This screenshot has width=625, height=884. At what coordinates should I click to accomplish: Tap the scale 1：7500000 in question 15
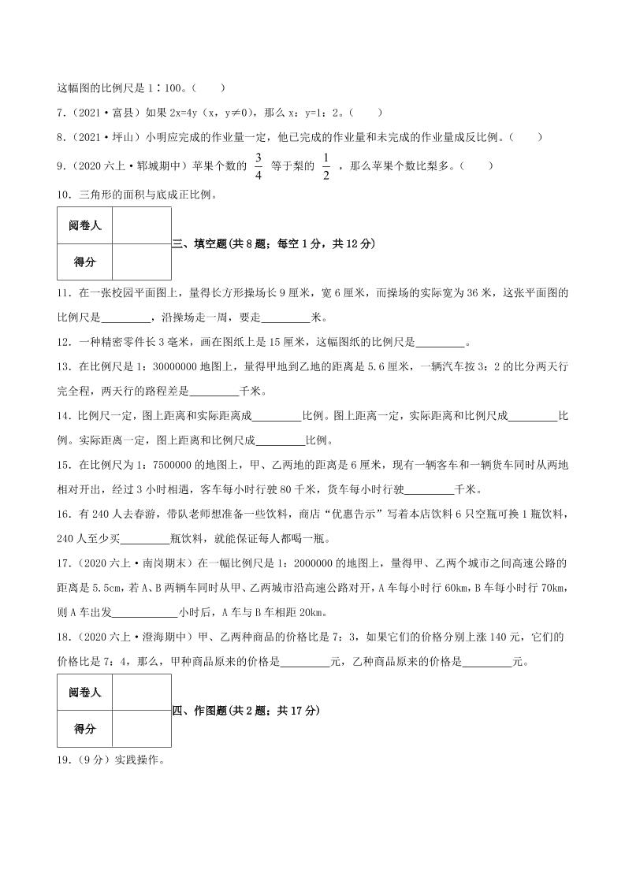(x=132, y=465)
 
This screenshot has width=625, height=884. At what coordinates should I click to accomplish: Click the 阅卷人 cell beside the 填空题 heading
(x=85, y=226)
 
